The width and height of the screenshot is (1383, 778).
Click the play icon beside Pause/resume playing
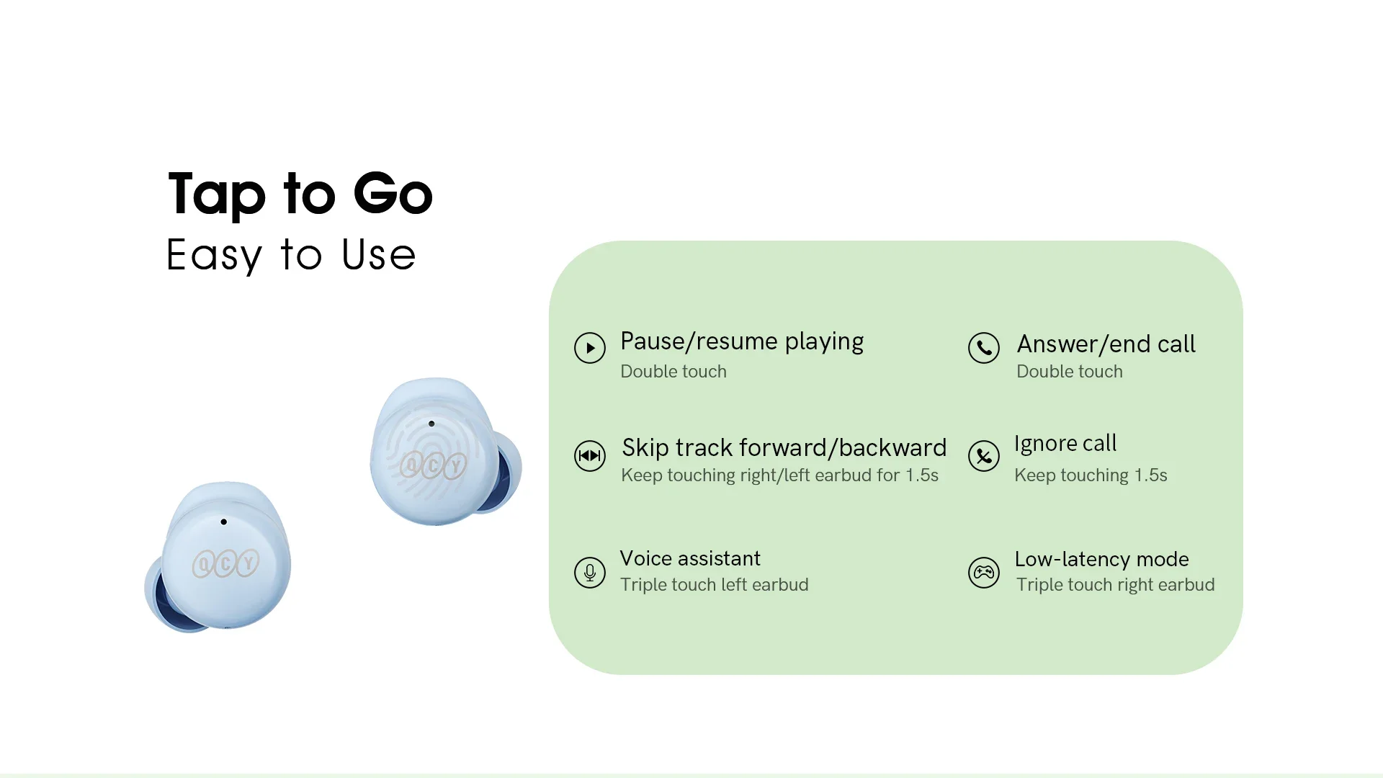[x=590, y=348]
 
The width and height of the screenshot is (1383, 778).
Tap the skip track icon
[x=590, y=455]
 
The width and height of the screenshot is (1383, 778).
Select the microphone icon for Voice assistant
[x=590, y=573]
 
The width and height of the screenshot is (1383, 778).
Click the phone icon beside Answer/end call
[x=984, y=348]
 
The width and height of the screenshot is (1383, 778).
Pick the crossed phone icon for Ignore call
[x=984, y=455]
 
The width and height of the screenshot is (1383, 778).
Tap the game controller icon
[x=984, y=573]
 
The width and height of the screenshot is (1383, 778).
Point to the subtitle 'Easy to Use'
[x=291, y=255]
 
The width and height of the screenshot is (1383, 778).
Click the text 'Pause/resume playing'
[x=742, y=341]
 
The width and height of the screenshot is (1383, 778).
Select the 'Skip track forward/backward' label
[x=784, y=447]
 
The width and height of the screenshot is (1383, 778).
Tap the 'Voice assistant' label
[x=690, y=558]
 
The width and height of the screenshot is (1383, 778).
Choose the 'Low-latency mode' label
[x=1101, y=559]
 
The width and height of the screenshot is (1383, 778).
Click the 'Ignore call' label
[x=1065, y=444]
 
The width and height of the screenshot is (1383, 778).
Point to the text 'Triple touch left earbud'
[x=715, y=584]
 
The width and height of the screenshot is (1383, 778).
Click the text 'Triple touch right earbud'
[x=1115, y=584]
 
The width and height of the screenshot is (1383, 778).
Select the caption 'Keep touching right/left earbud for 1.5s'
[x=779, y=475]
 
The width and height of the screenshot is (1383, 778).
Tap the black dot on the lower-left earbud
[x=224, y=522]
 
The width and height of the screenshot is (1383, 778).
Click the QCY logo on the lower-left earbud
[x=226, y=563]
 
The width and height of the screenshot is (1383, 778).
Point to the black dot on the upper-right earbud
[x=431, y=424]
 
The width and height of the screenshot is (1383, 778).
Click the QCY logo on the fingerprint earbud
[x=434, y=465]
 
